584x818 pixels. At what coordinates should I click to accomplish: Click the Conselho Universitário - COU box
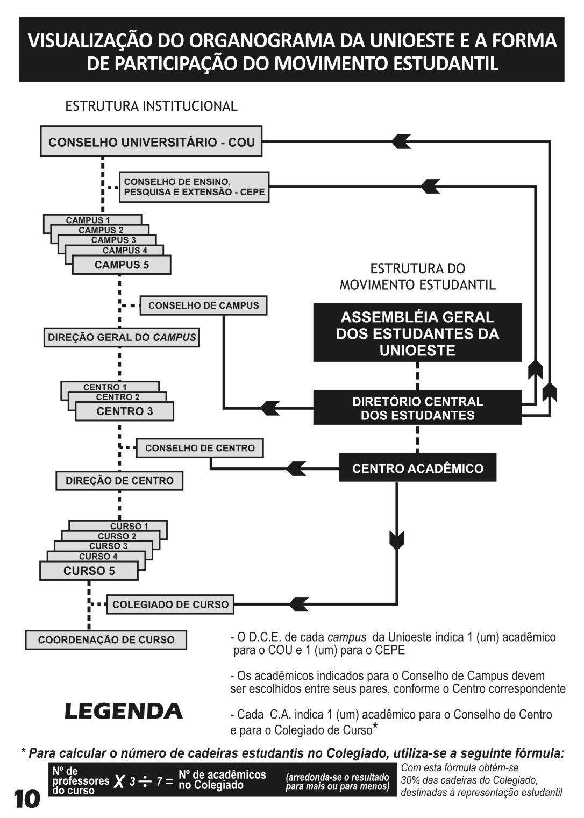coord(151,142)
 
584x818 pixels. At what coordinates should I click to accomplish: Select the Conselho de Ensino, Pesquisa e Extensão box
coord(194,187)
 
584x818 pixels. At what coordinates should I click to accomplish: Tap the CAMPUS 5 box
coord(122,265)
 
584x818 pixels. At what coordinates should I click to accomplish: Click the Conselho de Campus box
coord(203,305)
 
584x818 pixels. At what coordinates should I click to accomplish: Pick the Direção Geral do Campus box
coord(122,338)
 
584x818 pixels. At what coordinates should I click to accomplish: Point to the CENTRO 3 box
coord(125,411)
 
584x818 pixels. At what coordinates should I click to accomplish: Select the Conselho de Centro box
coord(200,448)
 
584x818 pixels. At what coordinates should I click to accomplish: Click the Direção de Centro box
coord(119,481)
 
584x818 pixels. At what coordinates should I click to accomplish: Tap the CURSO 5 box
coord(89,571)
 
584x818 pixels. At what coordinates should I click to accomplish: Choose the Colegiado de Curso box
coord(170,604)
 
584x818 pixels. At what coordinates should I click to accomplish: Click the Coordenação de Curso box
coord(106,640)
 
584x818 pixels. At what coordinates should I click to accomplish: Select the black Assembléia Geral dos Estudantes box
coord(417,333)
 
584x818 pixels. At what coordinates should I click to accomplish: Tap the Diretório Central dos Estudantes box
coord(417,408)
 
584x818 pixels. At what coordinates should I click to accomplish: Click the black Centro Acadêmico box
coord(417,468)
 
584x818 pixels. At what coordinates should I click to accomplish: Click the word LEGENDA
coord(124,712)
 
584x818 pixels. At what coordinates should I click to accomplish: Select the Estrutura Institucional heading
coord(151,106)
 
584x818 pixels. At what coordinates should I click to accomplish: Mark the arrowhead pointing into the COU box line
coord(401,141)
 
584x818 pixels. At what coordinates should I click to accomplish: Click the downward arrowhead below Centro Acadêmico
coord(396,539)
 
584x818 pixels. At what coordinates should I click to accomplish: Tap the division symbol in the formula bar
coord(145,782)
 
